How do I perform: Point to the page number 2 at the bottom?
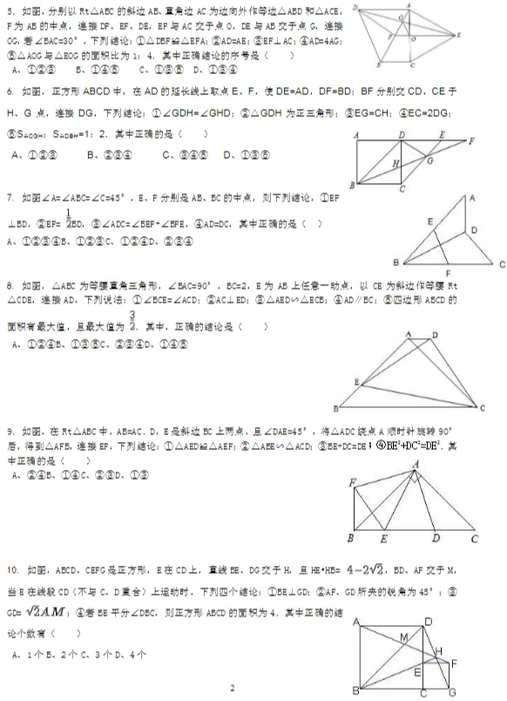(x=233, y=689)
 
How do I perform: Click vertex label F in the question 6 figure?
(x=471, y=140)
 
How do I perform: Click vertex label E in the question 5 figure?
(x=460, y=35)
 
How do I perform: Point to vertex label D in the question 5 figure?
(x=356, y=7)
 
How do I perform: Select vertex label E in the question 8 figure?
(x=356, y=382)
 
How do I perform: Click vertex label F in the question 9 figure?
(x=352, y=482)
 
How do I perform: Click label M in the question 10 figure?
(x=403, y=638)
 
